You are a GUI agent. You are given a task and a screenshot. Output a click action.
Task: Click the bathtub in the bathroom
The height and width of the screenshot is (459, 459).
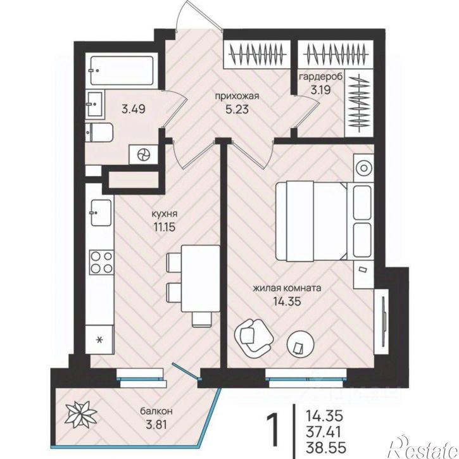122,70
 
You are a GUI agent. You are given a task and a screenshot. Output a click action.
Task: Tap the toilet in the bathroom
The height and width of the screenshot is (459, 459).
99,132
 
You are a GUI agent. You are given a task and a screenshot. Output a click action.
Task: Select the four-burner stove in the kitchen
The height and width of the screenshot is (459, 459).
101,261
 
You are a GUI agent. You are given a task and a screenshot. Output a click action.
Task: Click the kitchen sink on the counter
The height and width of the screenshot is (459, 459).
101,213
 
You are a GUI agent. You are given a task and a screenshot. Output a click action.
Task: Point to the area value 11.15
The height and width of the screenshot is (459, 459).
164,227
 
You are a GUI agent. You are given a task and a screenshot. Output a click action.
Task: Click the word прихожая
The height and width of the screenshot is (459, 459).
237,96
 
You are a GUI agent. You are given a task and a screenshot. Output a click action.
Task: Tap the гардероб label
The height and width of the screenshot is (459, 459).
320,77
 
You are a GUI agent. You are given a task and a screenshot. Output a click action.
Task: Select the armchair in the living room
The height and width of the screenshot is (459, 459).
253,336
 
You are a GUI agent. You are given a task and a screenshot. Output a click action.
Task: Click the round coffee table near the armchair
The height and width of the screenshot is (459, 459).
301,344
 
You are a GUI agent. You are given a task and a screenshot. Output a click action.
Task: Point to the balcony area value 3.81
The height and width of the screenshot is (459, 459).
156,424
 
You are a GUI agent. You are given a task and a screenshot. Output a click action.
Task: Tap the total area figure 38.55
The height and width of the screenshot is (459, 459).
326,448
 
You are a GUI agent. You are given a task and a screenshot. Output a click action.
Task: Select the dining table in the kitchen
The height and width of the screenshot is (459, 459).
201,279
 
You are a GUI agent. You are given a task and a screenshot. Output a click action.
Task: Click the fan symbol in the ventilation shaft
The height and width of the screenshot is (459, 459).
144,154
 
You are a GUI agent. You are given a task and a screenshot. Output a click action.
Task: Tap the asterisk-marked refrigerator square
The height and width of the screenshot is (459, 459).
99,339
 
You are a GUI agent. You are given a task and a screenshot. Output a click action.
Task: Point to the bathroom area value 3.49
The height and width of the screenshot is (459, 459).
133,109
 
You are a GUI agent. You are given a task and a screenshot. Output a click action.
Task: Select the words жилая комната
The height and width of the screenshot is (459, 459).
287,288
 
